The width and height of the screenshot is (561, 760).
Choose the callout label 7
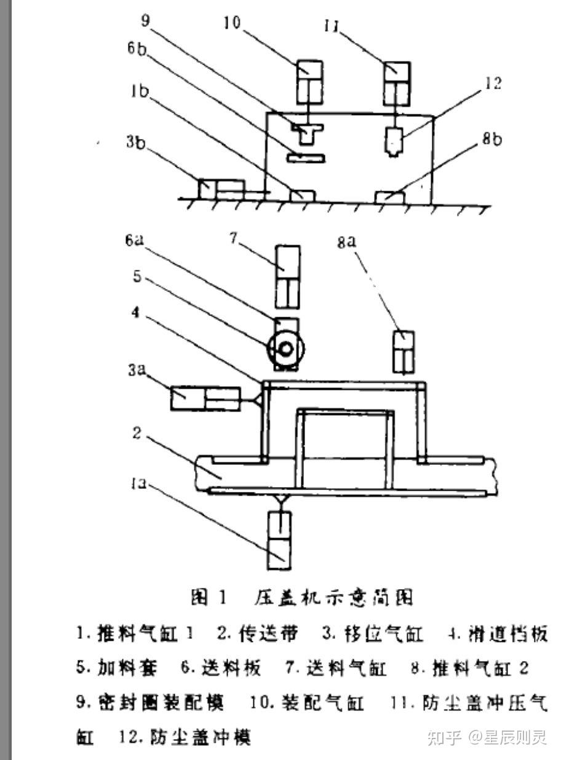(234, 238)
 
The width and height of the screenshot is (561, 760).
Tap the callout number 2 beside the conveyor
(137, 433)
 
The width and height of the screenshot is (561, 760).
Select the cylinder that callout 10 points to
(310, 82)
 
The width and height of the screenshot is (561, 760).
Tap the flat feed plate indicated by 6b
(306, 158)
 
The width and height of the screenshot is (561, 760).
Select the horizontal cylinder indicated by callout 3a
(205, 398)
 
